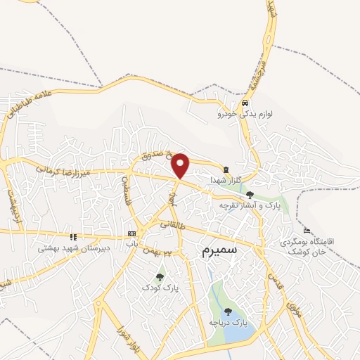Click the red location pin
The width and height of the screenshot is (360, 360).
(x=181, y=165)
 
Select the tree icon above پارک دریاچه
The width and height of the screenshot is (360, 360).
(x=227, y=311)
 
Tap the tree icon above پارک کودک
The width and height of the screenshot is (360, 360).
(x=160, y=277)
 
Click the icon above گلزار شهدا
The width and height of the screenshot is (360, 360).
(x=226, y=169)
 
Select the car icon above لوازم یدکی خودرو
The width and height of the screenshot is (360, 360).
(x=244, y=103)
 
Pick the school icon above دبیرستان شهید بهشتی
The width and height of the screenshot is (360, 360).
(x=72, y=237)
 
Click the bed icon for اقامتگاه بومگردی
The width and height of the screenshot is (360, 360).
(x=306, y=231)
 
